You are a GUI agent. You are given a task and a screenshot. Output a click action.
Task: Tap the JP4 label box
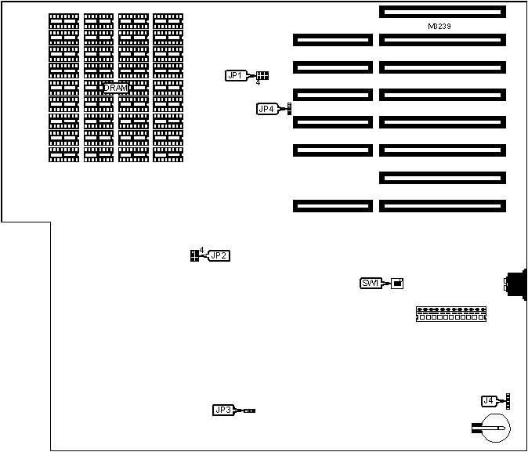(266, 109)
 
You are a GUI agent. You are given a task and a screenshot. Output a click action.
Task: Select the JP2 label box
(219, 255)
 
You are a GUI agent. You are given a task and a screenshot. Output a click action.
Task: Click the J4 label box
(489, 401)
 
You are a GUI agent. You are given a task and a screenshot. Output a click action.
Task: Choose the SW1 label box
(371, 283)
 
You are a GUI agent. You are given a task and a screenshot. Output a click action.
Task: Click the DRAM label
(116, 88)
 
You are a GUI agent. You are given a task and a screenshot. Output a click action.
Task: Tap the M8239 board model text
(439, 26)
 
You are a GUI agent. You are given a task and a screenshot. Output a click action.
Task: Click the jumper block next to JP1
(262, 75)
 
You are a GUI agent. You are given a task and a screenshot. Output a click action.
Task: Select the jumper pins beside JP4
(289, 108)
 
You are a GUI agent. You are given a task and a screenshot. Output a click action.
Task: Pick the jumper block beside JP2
(194, 255)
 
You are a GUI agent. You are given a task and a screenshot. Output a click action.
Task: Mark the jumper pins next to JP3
(249, 410)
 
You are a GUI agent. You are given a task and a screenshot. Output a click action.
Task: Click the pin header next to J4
(507, 401)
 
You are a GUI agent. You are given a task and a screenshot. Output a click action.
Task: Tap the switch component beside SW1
(397, 283)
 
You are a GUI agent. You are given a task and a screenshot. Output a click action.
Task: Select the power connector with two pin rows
(452, 314)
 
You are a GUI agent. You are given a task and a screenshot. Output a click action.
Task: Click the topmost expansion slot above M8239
(442, 12)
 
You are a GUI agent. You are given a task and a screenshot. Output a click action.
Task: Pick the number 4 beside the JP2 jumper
(201, 250)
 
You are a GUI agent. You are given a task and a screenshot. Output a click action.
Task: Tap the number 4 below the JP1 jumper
(258, 83)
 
